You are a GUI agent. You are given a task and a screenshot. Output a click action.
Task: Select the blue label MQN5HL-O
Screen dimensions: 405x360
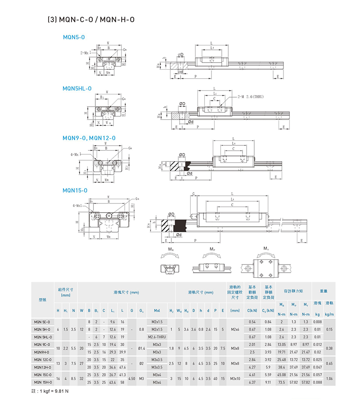[x=77, y=89]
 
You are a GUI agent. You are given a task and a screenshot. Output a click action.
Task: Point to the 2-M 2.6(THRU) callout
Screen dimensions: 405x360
[x=254, y=97]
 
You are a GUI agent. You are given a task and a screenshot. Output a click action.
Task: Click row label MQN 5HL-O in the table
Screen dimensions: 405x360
[x=43, y=337]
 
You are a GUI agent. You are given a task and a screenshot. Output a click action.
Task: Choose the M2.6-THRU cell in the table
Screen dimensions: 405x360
[x=157, y=337]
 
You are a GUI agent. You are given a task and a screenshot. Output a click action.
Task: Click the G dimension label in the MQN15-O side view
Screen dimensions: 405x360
[x=193, y=194]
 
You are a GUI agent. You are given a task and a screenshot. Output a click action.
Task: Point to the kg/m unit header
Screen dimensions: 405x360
[x=329, y=314]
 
